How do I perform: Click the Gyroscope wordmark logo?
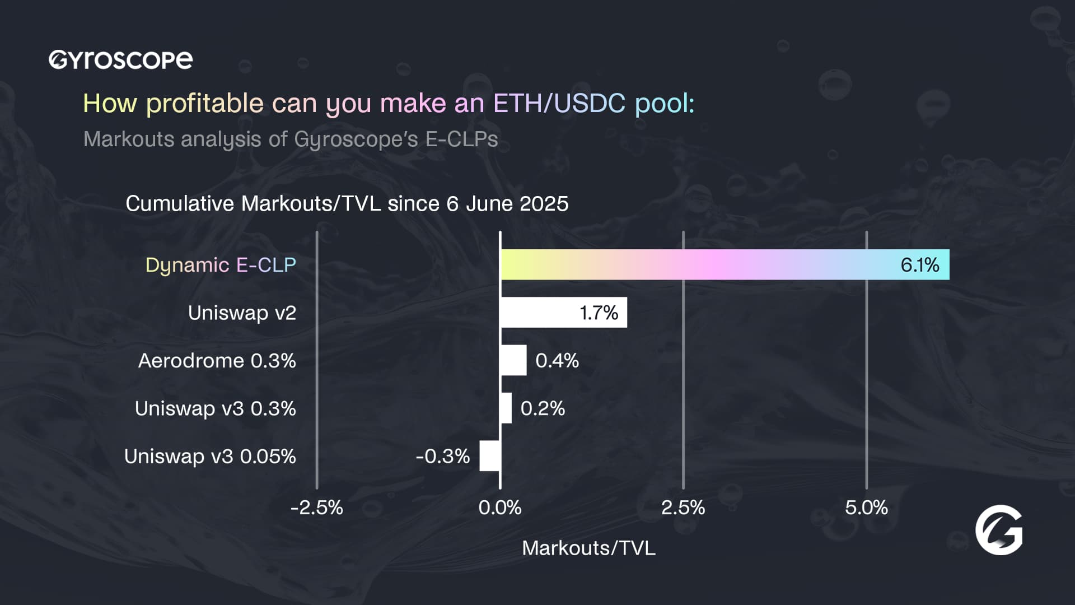tap(120, 60)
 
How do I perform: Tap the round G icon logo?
tap(999, 530)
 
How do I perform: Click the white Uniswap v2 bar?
tap(537, 313)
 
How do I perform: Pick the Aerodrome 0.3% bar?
tap(513, 360)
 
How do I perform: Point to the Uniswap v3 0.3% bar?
tap(506, 408)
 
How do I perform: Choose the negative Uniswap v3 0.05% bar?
tap(490, 456)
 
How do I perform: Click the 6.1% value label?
tap(919, 265)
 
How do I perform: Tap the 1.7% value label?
tap(599, 313)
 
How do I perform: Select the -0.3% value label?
tap(442, 456)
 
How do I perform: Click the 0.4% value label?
tap(557, 360)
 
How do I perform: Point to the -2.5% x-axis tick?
tap(317, 508)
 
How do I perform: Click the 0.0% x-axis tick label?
tap(500, 508)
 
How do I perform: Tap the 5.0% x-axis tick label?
tap(866, 508)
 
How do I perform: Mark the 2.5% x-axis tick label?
tap(683, 508)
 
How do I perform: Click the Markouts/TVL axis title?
tap(588, 548)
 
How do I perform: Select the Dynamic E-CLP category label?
tap(221, 265)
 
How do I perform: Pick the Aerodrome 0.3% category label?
tap(217, 360)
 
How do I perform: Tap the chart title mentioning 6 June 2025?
tap(347, 203)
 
